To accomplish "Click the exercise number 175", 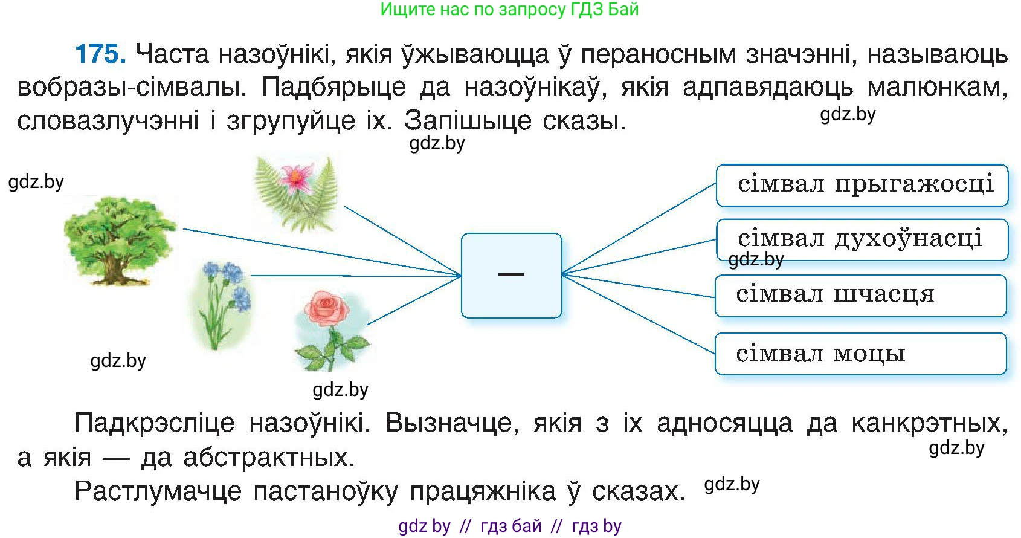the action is (x=100, y=54).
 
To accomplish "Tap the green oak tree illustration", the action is (x=120, y=239).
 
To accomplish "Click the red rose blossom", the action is (x=327, y=308).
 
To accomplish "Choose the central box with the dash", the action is (x=511, y=275).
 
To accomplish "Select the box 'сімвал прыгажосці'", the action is (x=862, y=185).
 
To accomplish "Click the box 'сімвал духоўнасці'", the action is (x=862, y=240).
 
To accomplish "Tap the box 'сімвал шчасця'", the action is (x=860, y=296).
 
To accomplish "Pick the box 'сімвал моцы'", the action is (x=860, y=354).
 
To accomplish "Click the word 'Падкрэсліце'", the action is (x=154, y=423).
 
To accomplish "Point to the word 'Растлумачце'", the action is (x=157, y=491).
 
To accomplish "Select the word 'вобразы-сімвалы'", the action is (x=132, y=88).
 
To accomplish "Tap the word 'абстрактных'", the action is (x=269, y=458).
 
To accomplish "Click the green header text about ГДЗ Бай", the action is (x=509, y=10).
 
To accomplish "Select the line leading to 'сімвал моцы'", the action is (x=640, y=314).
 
